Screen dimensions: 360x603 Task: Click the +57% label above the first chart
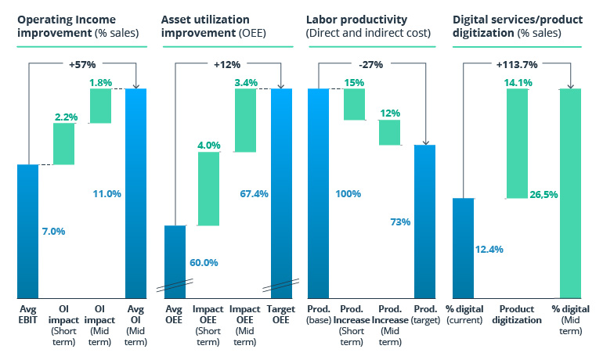(82, 64)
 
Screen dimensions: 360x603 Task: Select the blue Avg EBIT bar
(27, 231)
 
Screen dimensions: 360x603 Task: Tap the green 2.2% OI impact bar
(63, 144)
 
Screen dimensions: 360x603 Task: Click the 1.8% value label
(100, 81)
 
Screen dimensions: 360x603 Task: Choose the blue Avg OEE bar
(175, 258)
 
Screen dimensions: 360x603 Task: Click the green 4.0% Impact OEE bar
(209, 188)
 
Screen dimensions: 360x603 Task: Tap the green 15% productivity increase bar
(354, 104)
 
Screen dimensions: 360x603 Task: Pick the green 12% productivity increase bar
(390, 132)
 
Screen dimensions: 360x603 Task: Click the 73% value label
(399, 222)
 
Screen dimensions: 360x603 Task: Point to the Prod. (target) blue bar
(426, 219)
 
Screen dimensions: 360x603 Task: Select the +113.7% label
(517, 64)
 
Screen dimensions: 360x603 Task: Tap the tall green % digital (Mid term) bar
(570, 192)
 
